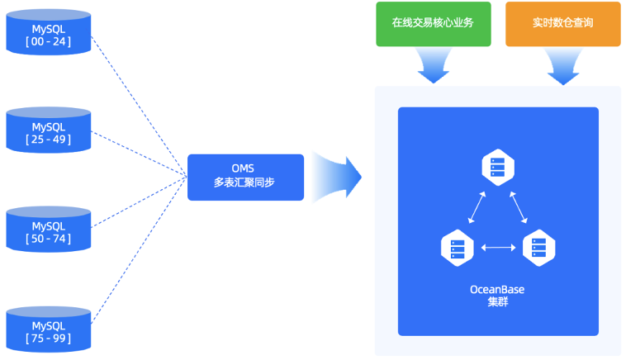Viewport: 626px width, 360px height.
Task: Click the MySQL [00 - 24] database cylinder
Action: click(48, 34)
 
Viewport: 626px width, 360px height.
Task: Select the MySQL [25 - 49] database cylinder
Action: click(48, 131)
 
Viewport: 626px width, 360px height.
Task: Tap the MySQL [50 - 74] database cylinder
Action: click(48, 230)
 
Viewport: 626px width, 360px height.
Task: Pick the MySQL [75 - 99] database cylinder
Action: click(48, 329)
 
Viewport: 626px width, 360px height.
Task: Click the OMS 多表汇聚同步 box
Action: click(245, 177)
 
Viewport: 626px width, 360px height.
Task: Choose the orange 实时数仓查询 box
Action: click(562, 24)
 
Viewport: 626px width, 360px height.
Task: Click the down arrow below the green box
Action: click(434, 65)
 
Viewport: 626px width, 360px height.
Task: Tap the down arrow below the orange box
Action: click(562, 65)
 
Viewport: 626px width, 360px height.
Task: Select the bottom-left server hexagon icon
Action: click(458, 246)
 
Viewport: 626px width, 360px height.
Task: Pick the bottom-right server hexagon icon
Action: click(538, 246)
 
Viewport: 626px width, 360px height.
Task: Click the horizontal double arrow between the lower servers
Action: click(498, 246)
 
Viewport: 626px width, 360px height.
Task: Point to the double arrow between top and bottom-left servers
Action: click(477, 206)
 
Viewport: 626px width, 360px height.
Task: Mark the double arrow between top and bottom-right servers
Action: click(519, 206)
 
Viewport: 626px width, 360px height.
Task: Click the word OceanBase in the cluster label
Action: click(497, 289)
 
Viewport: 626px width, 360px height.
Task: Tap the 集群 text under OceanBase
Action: click(497, 301)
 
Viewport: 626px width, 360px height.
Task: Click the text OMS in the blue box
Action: click(245, 168)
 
